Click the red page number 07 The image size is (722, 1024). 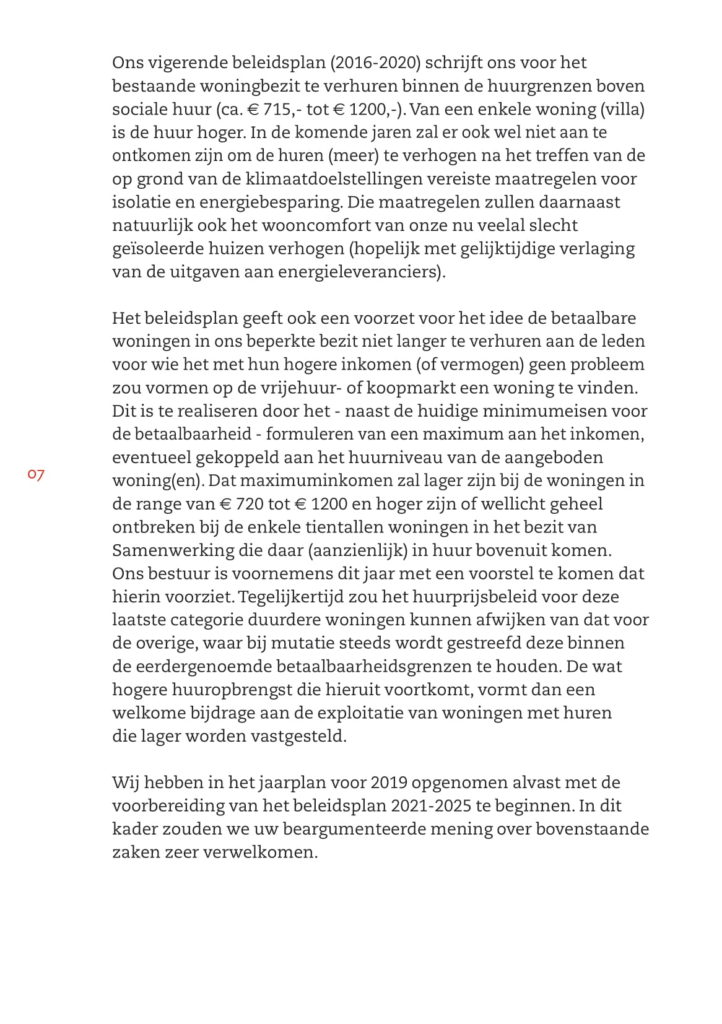click(36, 475)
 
